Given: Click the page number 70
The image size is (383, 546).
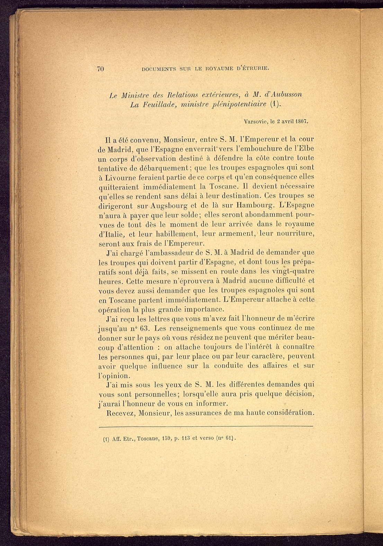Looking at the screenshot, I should tap(100, 69).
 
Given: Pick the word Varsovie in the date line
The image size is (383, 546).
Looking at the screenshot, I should tap(255, 121).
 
